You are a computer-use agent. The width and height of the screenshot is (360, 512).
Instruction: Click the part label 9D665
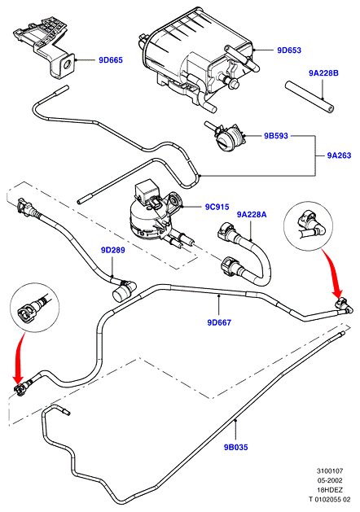click(111, 60)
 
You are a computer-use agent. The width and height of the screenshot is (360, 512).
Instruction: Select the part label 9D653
click(289, 50)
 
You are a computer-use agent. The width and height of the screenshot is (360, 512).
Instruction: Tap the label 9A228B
click(323, 73)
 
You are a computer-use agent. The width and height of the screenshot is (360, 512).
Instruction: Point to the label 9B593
click(276, 136)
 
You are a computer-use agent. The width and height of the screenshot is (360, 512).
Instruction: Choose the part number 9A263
click(339, 155)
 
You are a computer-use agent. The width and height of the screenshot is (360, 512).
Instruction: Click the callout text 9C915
click(217, 207)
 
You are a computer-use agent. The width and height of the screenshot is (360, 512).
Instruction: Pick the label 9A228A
click(252, 215)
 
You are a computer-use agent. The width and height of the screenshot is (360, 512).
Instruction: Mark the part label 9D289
click(112, 250)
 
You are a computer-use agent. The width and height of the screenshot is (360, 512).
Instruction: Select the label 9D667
click(219, 322)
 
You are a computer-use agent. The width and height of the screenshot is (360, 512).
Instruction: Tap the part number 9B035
click(236, 448)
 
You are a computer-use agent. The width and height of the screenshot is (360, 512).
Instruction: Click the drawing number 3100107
click(330, 470)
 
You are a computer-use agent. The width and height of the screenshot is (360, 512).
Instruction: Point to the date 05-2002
click(330, 480)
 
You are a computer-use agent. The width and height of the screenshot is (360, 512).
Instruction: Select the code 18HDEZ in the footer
click(330, 490)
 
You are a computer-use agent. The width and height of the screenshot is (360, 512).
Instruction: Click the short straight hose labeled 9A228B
click(310, 97)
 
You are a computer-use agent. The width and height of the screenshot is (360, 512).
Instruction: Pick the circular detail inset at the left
click(35, 307)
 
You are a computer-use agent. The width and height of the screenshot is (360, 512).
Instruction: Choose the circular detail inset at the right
click(308, 226)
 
